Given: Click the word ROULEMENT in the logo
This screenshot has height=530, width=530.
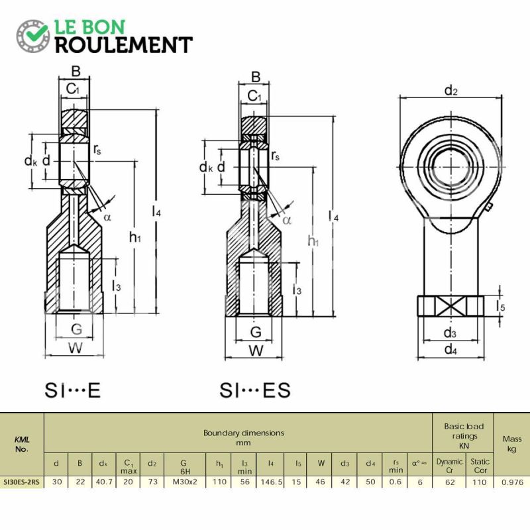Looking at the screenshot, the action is [124, 45].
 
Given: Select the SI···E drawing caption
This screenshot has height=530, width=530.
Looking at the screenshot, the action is [73, 390].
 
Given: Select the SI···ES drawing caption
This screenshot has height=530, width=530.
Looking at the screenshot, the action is [255, 390].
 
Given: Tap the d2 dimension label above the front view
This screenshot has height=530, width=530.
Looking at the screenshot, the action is [451, 91].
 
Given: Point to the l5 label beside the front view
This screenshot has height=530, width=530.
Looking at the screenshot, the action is [500, 306].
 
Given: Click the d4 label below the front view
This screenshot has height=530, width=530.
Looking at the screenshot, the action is [450, 349].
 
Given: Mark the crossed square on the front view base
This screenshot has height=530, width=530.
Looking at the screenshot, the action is [450, 306].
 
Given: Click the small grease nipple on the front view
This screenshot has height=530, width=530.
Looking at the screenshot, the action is [488, 207].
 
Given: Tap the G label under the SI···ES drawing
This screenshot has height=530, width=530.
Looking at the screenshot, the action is [256, 332].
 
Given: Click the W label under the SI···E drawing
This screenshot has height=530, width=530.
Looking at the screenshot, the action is [76, 348].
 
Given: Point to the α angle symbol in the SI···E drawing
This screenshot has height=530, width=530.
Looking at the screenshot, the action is [107, 217].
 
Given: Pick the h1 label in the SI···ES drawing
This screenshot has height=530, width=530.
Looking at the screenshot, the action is [313, 241].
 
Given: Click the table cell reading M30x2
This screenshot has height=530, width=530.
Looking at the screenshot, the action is [185, 482].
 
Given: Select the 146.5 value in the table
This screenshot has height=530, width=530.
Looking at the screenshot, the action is [271, 482].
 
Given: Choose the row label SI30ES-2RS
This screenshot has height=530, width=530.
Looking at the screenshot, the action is [21, 482].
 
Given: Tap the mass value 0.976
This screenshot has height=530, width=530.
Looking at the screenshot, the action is [512, 482].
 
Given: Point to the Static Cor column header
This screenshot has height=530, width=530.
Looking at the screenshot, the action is [480, 466].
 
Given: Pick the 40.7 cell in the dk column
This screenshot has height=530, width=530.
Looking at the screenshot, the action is [104, 482].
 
